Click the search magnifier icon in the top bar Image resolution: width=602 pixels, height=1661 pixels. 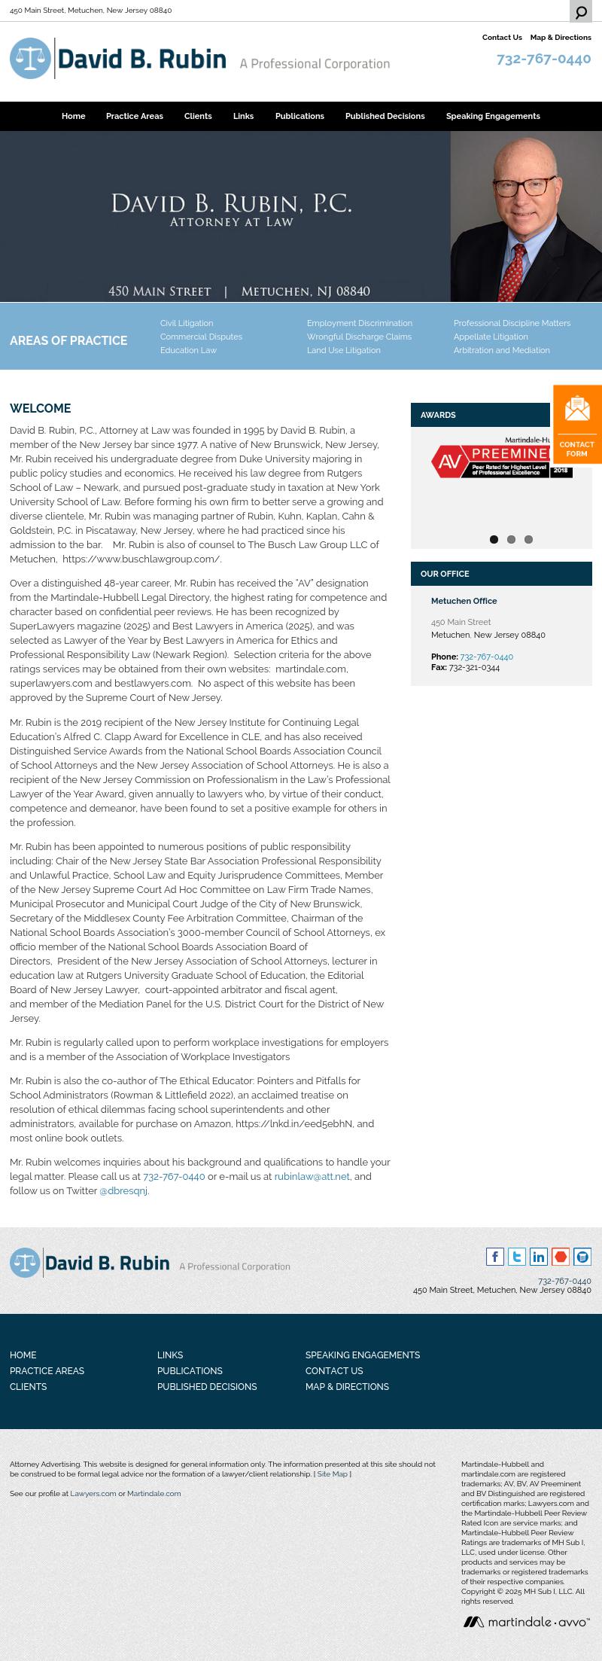point(581,12)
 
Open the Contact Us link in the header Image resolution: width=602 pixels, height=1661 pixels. point(502,38)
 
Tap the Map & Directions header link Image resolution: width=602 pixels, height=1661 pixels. point(561,38)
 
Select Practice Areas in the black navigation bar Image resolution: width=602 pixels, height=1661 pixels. point(135,116)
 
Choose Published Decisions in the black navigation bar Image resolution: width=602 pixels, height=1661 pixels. point(385,116)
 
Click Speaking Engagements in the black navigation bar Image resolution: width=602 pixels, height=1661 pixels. point(493,116)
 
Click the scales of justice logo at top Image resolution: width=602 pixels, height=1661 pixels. point(30,59)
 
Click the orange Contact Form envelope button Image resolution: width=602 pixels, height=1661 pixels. point(577,424)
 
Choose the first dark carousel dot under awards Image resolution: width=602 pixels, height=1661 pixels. point(494,539)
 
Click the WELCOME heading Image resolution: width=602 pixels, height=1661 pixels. point(40,408)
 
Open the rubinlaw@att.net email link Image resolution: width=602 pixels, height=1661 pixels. point(312,1176)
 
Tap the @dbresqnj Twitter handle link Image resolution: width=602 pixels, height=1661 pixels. point(123,1190)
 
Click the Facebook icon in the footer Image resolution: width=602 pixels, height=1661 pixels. point(494,1256)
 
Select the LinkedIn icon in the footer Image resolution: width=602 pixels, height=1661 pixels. point(538,1256)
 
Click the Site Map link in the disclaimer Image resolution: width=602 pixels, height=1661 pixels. point(332,1474)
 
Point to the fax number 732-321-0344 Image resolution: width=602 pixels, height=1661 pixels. point(474,667)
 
